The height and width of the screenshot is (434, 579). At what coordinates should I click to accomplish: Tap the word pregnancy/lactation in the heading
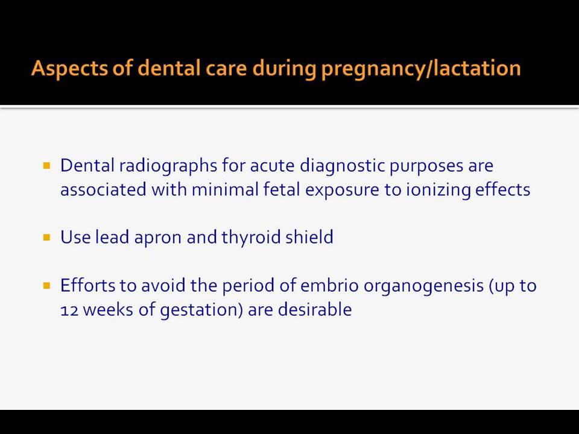(421, 69)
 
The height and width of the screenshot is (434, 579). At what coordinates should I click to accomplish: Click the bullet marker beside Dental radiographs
(46, 165)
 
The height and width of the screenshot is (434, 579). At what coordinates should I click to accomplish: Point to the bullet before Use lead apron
(46, 237)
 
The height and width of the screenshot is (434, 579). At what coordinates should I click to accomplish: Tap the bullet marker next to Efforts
(46, 285)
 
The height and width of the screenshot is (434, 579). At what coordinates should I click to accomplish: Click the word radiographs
(168, 166)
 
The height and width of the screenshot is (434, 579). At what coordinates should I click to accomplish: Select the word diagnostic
(342, 166)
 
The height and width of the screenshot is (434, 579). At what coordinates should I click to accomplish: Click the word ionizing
(438, 190)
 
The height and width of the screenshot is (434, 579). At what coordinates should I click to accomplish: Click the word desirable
(315, 309)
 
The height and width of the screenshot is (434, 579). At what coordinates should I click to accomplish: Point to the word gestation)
(201, 310)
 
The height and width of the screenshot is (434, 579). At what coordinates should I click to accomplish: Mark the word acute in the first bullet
(272, 166)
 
